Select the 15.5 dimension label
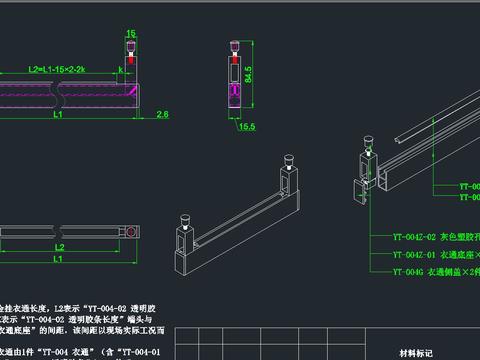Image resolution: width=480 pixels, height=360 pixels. click(247, 127)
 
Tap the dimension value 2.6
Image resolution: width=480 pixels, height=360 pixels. click(162, 115)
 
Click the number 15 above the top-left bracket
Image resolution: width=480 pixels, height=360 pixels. click(130, 33)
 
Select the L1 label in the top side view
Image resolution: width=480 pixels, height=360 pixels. click(59, 116)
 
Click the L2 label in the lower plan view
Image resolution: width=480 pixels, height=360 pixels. click(59, 245)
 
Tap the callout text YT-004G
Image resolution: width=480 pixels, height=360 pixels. click(408, 271)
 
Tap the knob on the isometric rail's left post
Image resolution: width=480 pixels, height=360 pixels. click(184, 217)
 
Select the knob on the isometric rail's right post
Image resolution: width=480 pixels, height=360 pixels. click(288, 159)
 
